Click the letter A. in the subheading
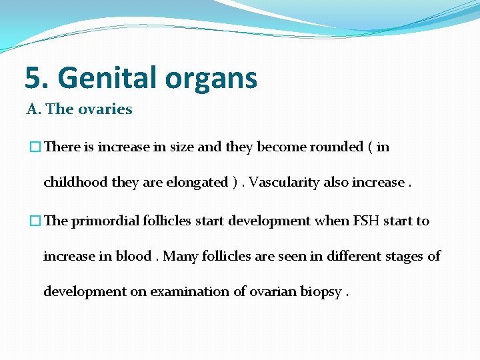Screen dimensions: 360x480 click(33, 109)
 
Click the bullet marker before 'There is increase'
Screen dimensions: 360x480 click(31, 147)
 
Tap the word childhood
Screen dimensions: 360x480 click(73, 183)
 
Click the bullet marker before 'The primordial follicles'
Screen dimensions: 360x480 click(31, 221)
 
